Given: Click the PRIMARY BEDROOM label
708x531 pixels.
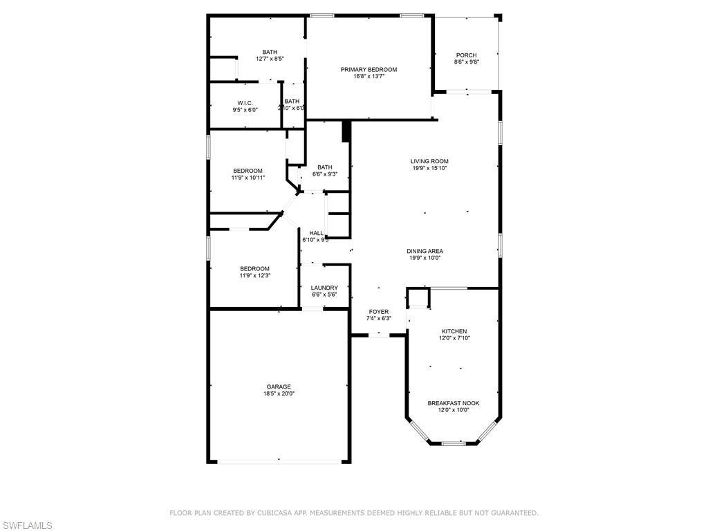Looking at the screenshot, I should click(369, 69).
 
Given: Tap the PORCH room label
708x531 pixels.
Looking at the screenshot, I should click(466, 55).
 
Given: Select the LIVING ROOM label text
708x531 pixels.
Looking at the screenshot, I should click(429, 161).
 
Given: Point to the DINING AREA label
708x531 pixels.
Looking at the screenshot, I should click(425, 251).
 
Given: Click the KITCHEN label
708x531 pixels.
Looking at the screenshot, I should click(454, 331).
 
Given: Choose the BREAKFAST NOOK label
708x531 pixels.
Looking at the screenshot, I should click(453, 403).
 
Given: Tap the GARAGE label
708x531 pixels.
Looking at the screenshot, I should click(279, 386).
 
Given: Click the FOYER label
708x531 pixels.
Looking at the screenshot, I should click(378, 312).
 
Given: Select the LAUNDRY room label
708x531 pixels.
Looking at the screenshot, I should click(324, 288).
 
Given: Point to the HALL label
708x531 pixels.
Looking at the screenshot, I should click(316, 233).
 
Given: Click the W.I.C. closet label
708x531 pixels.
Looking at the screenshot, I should click(245, 102).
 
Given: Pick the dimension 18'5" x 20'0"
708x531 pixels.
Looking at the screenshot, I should click(279, 393).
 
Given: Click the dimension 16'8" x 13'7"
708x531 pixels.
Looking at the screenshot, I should click(369, 76).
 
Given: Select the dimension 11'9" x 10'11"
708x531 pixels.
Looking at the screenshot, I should click(247, 178).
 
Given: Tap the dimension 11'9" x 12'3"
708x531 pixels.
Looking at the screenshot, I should click(254, 276).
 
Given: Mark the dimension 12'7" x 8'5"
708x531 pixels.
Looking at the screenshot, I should click(270, 59).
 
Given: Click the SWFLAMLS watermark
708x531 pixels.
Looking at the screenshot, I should click(27, 525).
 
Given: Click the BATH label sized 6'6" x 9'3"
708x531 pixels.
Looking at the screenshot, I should click(324, 167).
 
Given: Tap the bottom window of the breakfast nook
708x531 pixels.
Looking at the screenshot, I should click(453, 442).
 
